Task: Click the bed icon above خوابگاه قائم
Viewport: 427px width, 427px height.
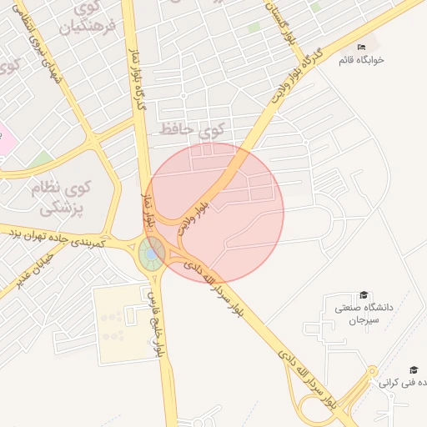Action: (x=361, y=46)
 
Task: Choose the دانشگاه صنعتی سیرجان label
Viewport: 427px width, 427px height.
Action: (x=364, y=314)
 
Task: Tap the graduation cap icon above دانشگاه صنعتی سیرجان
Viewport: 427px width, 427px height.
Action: (x=363, y=295)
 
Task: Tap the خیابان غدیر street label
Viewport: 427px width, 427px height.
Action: (x=28, y=267)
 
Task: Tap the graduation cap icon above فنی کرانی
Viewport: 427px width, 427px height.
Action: (x=414, y=369)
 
